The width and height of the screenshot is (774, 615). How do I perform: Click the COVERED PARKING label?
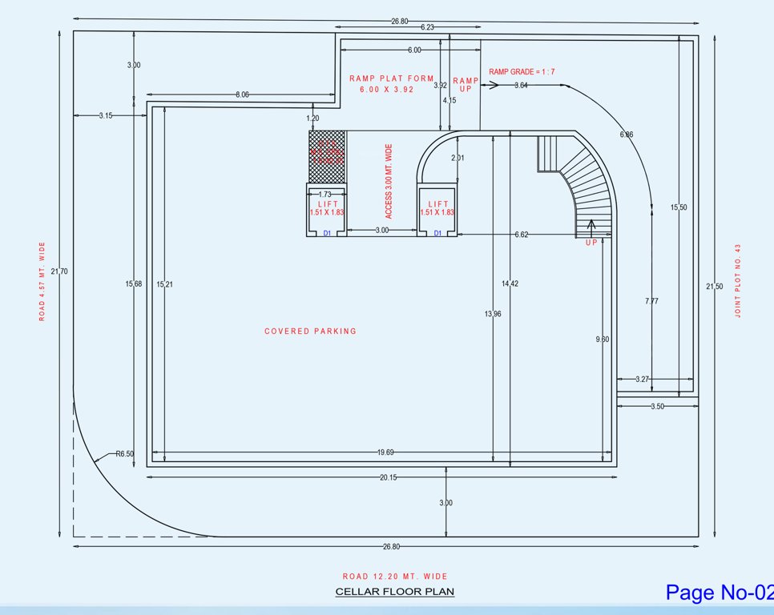310,331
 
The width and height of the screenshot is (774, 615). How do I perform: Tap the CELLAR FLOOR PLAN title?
394,592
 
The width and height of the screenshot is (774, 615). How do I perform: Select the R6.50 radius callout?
124,453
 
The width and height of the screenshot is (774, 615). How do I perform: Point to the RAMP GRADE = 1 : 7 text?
522,71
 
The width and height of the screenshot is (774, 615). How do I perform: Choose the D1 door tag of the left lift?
327,233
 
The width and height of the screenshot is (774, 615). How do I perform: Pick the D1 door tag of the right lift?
437,233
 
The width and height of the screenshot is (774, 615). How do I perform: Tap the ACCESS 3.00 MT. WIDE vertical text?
389,181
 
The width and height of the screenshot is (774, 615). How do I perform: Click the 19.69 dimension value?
387,452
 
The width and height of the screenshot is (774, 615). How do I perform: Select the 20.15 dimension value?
387,477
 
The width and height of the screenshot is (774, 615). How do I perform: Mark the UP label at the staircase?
591,242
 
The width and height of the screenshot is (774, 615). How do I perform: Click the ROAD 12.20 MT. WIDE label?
395,576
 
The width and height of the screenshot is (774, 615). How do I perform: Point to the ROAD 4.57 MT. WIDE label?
42,281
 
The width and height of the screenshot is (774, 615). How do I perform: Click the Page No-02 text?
719,592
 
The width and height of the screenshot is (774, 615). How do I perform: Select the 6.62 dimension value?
521,234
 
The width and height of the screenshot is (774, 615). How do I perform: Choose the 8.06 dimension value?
241,94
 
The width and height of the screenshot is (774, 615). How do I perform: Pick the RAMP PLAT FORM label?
391,78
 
